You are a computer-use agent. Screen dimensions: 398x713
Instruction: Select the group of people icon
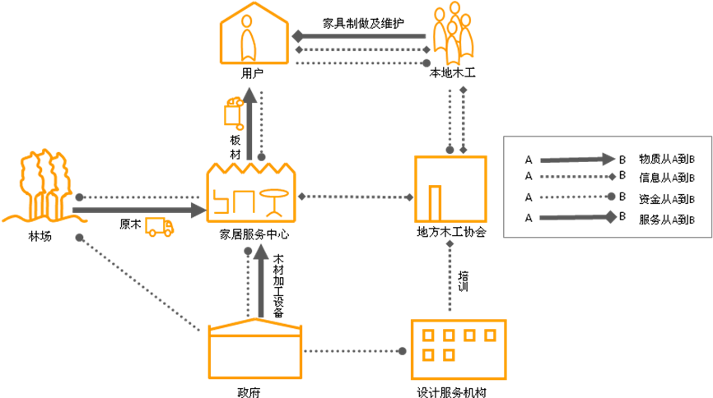tap(453, 34)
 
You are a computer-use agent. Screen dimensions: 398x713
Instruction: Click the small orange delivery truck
tap(159, 226)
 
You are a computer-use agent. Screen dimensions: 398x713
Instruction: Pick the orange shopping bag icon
tap(234, 113)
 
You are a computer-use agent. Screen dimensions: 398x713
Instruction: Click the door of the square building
tap(435, 202)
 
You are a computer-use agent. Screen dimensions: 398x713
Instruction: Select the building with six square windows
tap(458, 349)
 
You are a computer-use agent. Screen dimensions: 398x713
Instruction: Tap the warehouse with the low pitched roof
tap(255, 349)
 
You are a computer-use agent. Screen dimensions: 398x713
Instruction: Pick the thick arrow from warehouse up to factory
tap(261, 280)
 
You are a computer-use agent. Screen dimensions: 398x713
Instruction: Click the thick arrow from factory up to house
tap(249, 123)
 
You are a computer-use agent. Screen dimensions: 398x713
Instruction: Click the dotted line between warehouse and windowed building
tap(352, 351)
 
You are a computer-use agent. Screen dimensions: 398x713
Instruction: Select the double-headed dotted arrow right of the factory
tap(355, 197)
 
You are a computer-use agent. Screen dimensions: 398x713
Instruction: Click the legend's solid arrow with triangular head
tap(576, 160)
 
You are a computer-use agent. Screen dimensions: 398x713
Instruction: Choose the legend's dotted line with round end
tap(576, 197)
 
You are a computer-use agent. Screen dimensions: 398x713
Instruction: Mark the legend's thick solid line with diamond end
tap(576, 217)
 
